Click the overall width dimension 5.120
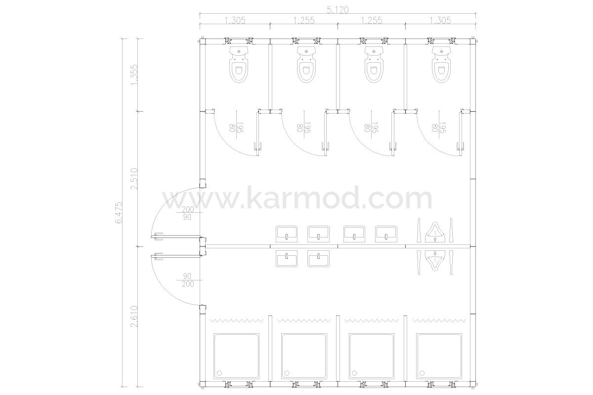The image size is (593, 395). point(338,10)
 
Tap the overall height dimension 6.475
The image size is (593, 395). point(119,213)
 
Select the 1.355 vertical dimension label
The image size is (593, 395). point(134,75)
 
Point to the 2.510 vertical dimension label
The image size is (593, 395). point(134,179)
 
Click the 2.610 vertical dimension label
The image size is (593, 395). point(134,316)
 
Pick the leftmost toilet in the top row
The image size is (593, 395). point(239,65)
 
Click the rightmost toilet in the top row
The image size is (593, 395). point(441,65)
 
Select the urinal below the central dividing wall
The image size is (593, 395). point(435,261)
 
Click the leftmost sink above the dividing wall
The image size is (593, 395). point(287,234)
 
